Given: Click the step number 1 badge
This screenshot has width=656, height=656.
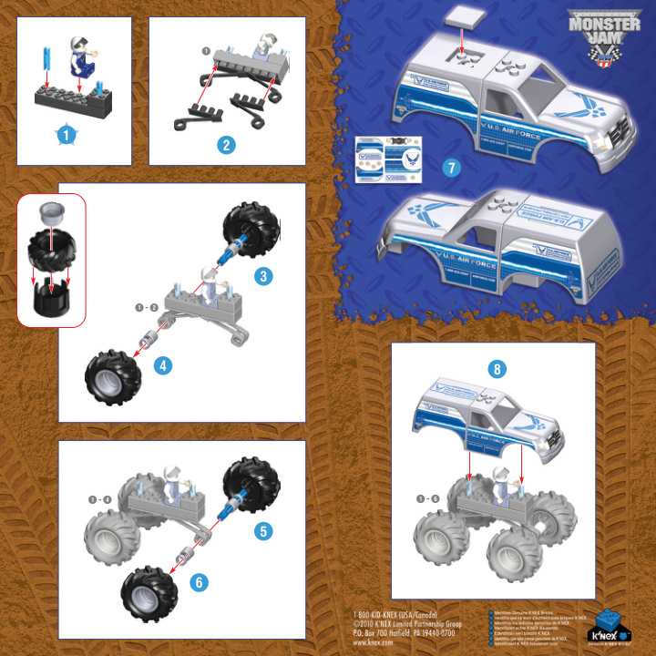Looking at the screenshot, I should coord(65,134).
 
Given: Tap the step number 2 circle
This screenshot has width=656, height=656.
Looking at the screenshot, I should coord(227,144).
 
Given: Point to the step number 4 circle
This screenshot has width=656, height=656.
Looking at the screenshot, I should coord(163,366).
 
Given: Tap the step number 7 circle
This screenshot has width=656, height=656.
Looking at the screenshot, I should coord(446,168).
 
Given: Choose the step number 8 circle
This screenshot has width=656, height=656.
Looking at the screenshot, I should coord(497,369).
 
